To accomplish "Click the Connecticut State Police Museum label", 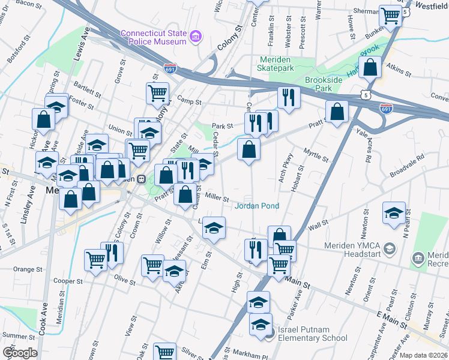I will [153, 37].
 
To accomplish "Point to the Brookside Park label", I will [327, 83].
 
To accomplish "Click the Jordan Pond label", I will [256, 206].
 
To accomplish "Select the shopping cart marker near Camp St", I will [157, 92].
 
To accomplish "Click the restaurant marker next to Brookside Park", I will [289, 97].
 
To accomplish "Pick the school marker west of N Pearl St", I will [394, 213].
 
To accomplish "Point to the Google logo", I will [20, 352].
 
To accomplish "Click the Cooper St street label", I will [67, 281].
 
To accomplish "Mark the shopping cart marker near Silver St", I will [164, 352].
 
